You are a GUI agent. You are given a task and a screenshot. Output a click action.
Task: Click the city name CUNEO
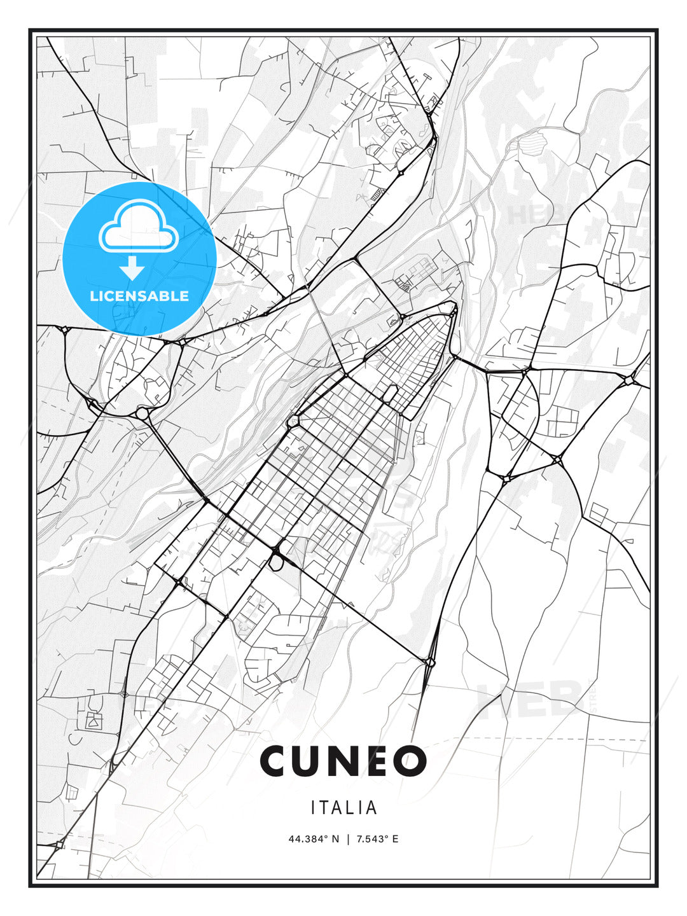tap(343, 761)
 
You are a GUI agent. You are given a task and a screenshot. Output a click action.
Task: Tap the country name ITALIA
tap(343, 808)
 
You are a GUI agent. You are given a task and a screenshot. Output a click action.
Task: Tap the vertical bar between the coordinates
tap(348, 839)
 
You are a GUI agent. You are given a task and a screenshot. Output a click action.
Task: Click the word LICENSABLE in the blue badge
tap(139, 296)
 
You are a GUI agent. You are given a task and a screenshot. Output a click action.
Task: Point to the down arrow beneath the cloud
tap(132, 268)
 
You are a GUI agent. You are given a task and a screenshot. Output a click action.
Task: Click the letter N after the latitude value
tap(337, 839)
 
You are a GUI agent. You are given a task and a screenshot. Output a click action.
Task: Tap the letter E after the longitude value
tap(395, 839)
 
